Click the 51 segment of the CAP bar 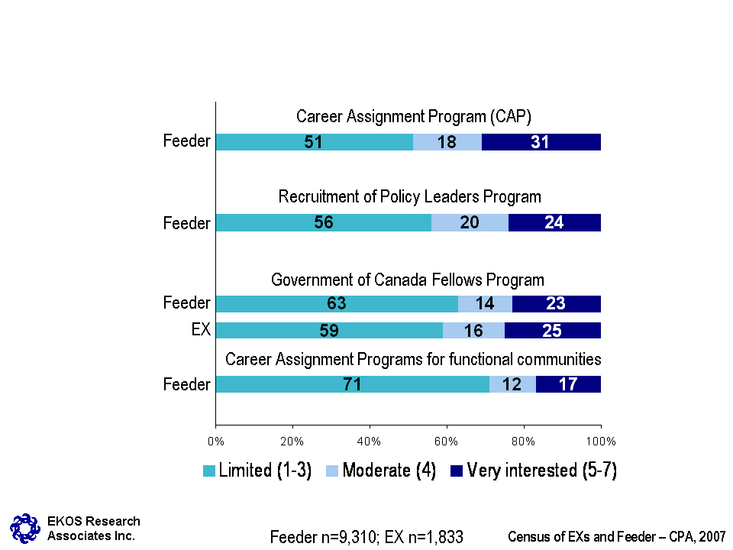pos(314,142)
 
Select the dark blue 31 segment pos(541,142)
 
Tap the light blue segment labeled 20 pos(470,222)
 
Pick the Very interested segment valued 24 pos(554,222)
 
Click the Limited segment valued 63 pos(337,303)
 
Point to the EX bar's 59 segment pos(329,330)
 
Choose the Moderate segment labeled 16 pos(473,330)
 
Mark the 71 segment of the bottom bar pos(352,384)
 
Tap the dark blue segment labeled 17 pos(568,384)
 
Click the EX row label pos(200,330)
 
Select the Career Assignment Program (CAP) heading pos(413,117)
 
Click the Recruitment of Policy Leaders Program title pos(409,197)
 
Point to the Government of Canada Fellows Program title pos(408,280)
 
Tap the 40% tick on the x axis pos(370,440)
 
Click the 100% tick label pos(600,440)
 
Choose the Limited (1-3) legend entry pos(257,471)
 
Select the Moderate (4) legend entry pos(380,471)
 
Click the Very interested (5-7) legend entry pos(533,471)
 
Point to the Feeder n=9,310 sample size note pos(366,537)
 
